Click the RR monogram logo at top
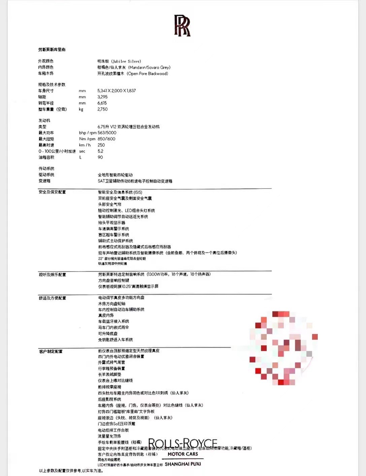click(182, 25)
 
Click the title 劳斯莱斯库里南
click(52, 50)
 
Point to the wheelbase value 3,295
click(103, 97)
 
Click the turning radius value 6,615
click(102, 103)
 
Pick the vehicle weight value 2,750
click(103, 109)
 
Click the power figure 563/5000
click(107, 133)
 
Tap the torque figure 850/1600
click(106, 139)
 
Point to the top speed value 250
click(101, 145)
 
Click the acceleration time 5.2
click(100, 151)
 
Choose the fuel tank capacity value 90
click(100, 157)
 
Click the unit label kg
click(81, 109)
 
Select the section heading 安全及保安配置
click(52, 192)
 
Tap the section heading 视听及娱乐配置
click(52, 275)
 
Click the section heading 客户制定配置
click(51, 352)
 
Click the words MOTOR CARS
click(183, 454)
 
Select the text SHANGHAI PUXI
click(183, 464)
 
